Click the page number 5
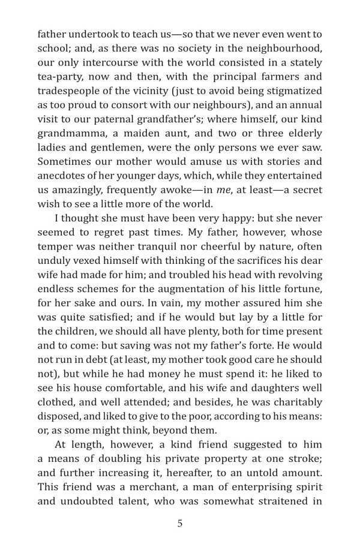180,523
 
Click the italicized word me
221,190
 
